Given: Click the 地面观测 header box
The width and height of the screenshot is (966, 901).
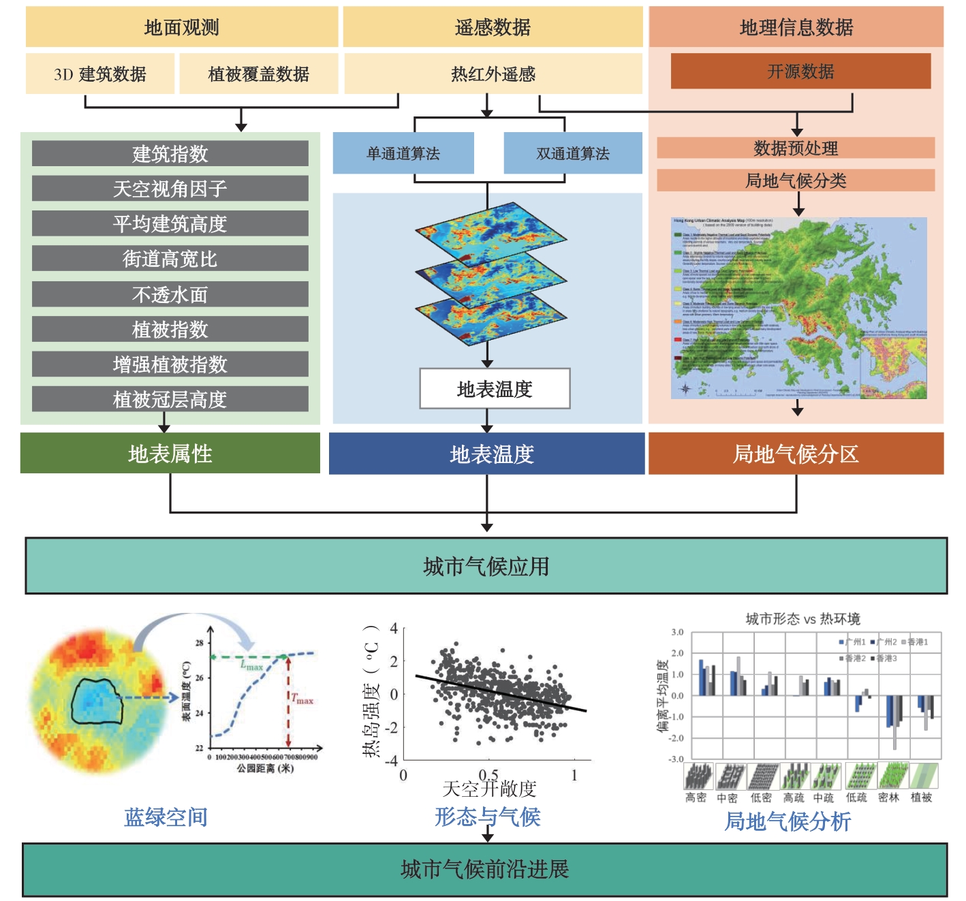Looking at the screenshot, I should [x=181, y=27].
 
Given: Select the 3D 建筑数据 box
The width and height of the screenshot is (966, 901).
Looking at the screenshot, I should [x=100, y=74].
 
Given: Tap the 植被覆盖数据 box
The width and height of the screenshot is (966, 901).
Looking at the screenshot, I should [x=259, y=74].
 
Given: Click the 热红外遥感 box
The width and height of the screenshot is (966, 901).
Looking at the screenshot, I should [x=493, y=74].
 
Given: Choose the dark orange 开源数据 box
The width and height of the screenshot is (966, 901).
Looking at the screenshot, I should [x=800, y=72].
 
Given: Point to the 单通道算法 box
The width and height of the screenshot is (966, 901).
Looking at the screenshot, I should [x=403, y=153].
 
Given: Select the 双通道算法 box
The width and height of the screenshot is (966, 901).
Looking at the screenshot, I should [x=573, y=153].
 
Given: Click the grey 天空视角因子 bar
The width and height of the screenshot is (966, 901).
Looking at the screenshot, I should [x=170, y=189].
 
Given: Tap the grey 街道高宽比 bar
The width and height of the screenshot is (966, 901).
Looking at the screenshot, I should [x=170, y=259].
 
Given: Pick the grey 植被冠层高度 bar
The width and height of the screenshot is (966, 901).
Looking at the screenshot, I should [x=170, y=399].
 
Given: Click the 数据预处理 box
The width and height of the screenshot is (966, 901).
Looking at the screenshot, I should [x=796, y=148].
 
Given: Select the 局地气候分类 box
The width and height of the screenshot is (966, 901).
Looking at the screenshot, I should [x=796, y=180].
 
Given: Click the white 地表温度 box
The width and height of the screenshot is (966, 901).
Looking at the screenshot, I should [x=495, y=389].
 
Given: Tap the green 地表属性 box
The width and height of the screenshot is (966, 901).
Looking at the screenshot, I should [x=170, y=454].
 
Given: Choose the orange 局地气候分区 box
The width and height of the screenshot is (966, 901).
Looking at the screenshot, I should [x=796, y=454].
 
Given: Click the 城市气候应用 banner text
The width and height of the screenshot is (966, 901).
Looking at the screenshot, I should [x=486, y=567].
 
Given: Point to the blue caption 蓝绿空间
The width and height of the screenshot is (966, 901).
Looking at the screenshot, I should [x=166, y=817].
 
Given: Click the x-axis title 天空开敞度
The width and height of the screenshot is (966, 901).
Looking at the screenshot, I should [x=489, y=789].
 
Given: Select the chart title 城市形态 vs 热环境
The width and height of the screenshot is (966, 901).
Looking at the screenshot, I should [x=803, y=619].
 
